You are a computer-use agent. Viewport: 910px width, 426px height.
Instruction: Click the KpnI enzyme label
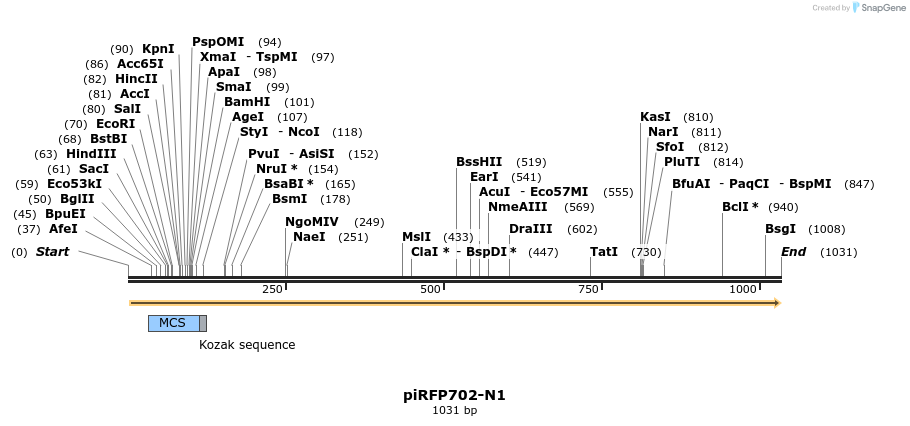[158, 49]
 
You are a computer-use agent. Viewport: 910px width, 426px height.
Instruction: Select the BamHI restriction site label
[247, 102]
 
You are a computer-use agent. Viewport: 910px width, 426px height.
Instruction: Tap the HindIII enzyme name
[91, 154]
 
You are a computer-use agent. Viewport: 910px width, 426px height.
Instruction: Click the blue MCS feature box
[173, 323]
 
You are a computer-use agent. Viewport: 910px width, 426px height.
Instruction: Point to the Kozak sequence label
[247, 345]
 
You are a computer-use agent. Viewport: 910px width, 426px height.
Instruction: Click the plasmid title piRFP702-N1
[454, 395]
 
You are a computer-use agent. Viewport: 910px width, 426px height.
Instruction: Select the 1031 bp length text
[454, 411]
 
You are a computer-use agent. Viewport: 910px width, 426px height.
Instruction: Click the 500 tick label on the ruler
[430, 289]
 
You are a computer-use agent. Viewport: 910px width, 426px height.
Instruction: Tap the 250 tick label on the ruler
[272, 289]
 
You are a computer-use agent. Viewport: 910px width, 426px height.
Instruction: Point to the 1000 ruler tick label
[743, 289]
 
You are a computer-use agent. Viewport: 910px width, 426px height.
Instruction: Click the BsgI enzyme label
[780, 229]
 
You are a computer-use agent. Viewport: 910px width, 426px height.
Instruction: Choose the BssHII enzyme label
[479, 162]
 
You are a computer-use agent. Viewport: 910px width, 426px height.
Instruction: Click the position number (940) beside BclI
[783, 207]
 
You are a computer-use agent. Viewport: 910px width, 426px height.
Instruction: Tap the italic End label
[793, 252]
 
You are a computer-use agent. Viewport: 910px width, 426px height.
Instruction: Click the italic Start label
[52, 252]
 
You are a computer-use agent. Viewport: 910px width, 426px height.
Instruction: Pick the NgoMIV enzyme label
[312, 222]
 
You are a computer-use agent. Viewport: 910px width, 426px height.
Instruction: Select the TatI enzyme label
[604, 252]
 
